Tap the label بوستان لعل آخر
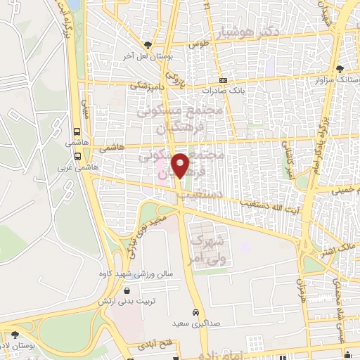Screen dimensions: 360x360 (146, 55)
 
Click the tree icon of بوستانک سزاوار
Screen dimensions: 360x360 (340, 69)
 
